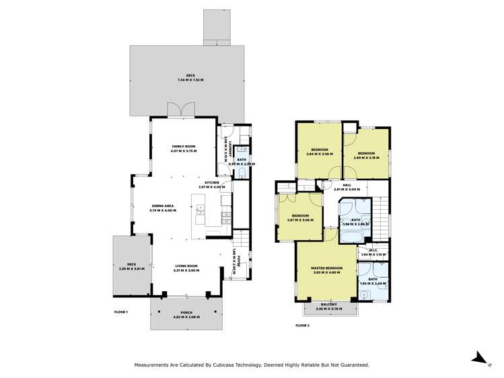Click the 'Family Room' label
coord(183,146)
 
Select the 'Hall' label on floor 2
coord(347,185)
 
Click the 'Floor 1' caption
coord(122,313)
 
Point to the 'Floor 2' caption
coord(303,325)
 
